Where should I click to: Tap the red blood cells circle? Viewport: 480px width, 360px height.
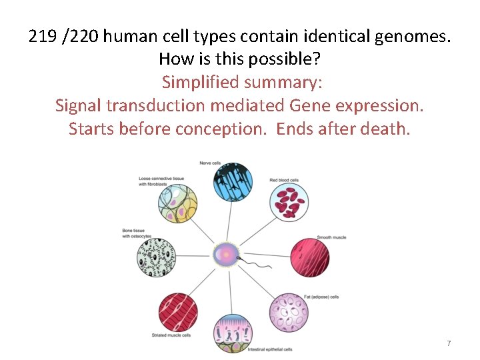click(x=289, y=202)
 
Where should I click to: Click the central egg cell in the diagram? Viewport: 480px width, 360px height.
click(x=227, y=255)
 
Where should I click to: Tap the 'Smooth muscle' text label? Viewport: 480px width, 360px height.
click(x=332, y=237)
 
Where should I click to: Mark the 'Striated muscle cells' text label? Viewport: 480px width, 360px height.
click(x=173, y=335)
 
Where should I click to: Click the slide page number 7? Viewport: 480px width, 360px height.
click(x=449, y=343)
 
